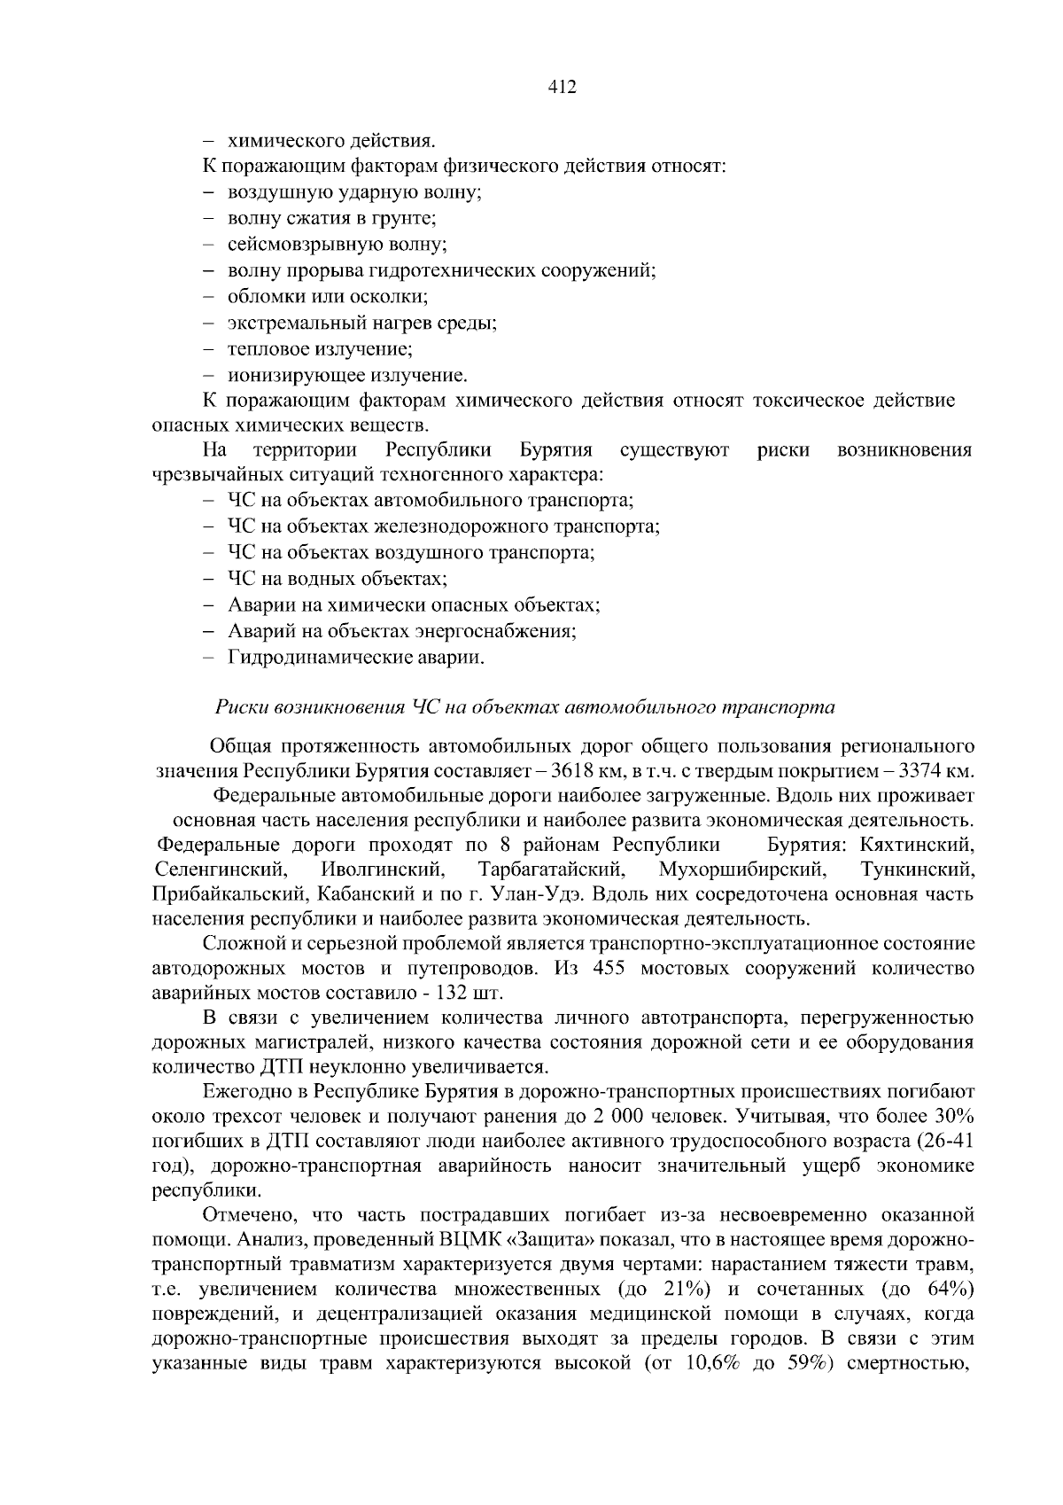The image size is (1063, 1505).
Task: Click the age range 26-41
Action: (x=949, y=1139)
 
